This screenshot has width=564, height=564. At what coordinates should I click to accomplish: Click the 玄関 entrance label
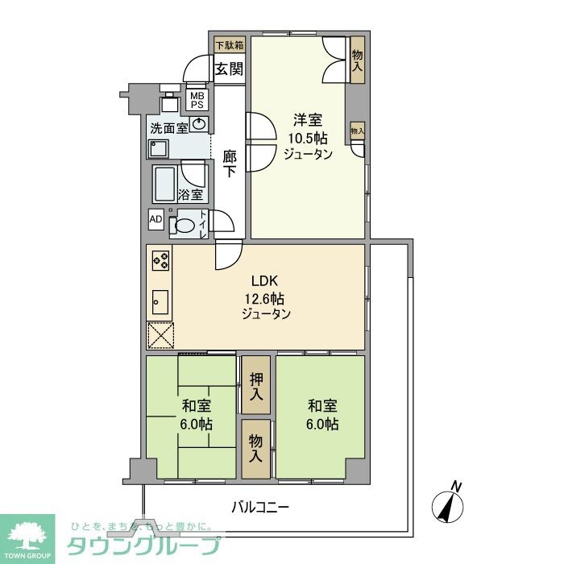pyautogui.click(x=229, y=68)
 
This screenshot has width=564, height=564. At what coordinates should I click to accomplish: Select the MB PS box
pyautogui.click(x=197, y=99)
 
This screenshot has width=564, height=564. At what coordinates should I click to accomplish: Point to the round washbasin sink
pyautogui.click(x=198, y=124)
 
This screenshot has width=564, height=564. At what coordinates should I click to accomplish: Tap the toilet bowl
pyautogui.click(x=186, y=226)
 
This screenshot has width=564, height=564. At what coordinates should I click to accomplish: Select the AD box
pyautogui.click(x=156, y=218)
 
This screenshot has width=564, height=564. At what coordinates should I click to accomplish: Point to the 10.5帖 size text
pyautogui.click(x=308, y=138)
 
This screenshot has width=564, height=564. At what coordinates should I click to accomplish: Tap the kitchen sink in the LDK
pyautogui.click(x=159, y=302)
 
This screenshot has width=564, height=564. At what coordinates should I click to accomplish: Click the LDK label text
pyautogui.click(x=264, y=281)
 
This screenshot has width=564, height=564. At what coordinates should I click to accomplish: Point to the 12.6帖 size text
pyautogui.click(x=264, y=297)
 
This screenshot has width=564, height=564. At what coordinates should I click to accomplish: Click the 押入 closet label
pyautogui.click(x=255, y=385)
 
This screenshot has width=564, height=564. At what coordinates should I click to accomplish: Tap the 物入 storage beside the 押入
pyautogui.click(x=255, y=448)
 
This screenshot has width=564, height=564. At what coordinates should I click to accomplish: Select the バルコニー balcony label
pyautogui.click(x=259, y=508)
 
